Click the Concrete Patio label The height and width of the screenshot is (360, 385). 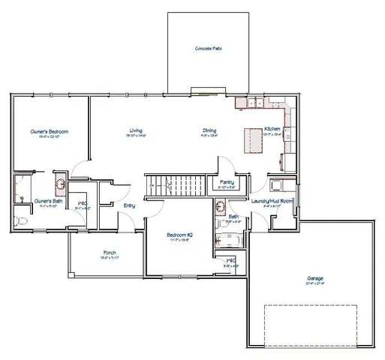[209, 48]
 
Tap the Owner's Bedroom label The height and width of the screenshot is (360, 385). [44, 131]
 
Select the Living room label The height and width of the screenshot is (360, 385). [136, 131]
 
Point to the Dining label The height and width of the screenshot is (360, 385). [209, 131]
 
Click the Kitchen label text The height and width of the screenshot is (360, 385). [272, 130]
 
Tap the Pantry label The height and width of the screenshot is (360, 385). [226, 181]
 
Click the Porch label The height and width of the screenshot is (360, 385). [109, 252]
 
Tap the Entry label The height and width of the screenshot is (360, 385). [129, 206]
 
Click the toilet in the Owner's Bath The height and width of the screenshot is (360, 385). [22, 220]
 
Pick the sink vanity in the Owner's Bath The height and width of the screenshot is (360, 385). [61, 184]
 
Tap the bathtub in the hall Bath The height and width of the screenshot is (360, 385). [227, 240]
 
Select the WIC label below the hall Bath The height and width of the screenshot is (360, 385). [231, 260]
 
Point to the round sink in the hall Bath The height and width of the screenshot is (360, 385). [220, 205]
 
